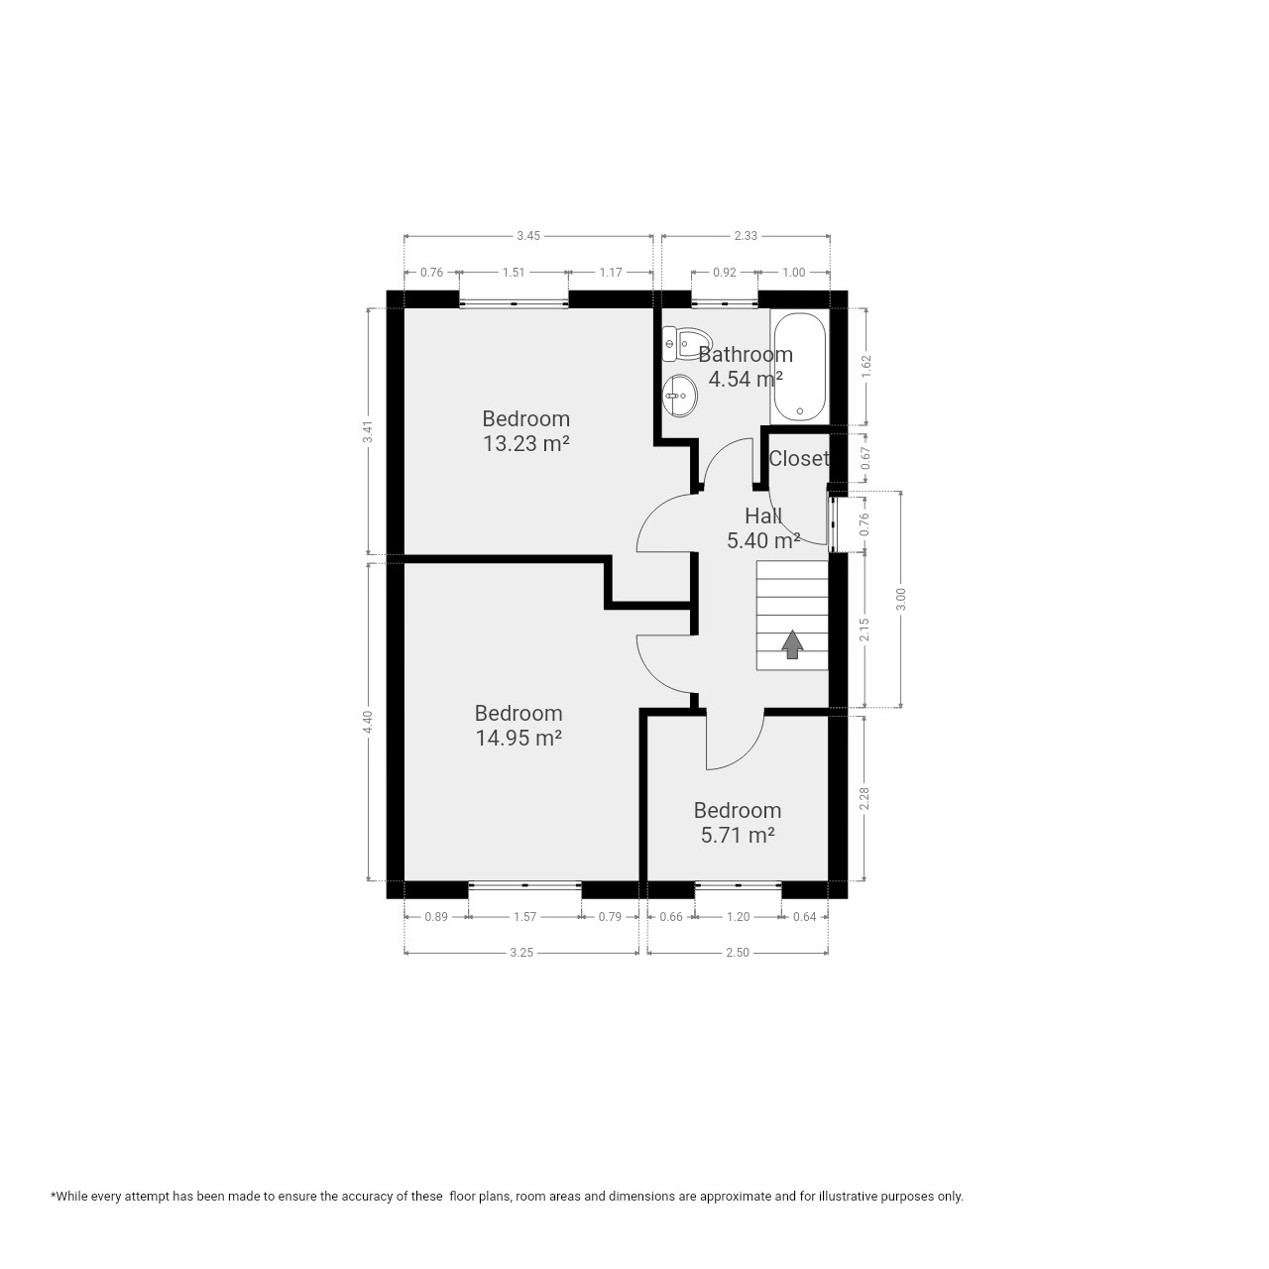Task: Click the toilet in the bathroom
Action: tap(683, 344)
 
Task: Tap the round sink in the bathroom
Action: tap(680, 396)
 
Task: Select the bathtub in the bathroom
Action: tap(799, 368)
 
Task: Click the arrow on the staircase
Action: tap(792, 644)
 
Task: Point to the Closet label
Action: tap(799, 458)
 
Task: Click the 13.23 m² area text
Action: tap(525, 444)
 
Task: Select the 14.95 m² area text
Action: tap(519, 739)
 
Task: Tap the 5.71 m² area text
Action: tap(737, 835)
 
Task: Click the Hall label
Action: tap(763, 515)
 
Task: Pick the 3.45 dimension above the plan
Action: tap(528, 236)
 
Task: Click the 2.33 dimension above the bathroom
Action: tap(746, 236)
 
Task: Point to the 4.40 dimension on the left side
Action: tap(369, 722)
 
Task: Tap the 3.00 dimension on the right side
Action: tap(901, 599)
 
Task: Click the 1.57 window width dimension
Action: tap(524, 917)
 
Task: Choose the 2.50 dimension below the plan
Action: tap(738, 952)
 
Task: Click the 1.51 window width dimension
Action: tap(514, 273)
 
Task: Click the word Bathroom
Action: tap(746, 355)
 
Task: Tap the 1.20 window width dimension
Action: tap(739, 917)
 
